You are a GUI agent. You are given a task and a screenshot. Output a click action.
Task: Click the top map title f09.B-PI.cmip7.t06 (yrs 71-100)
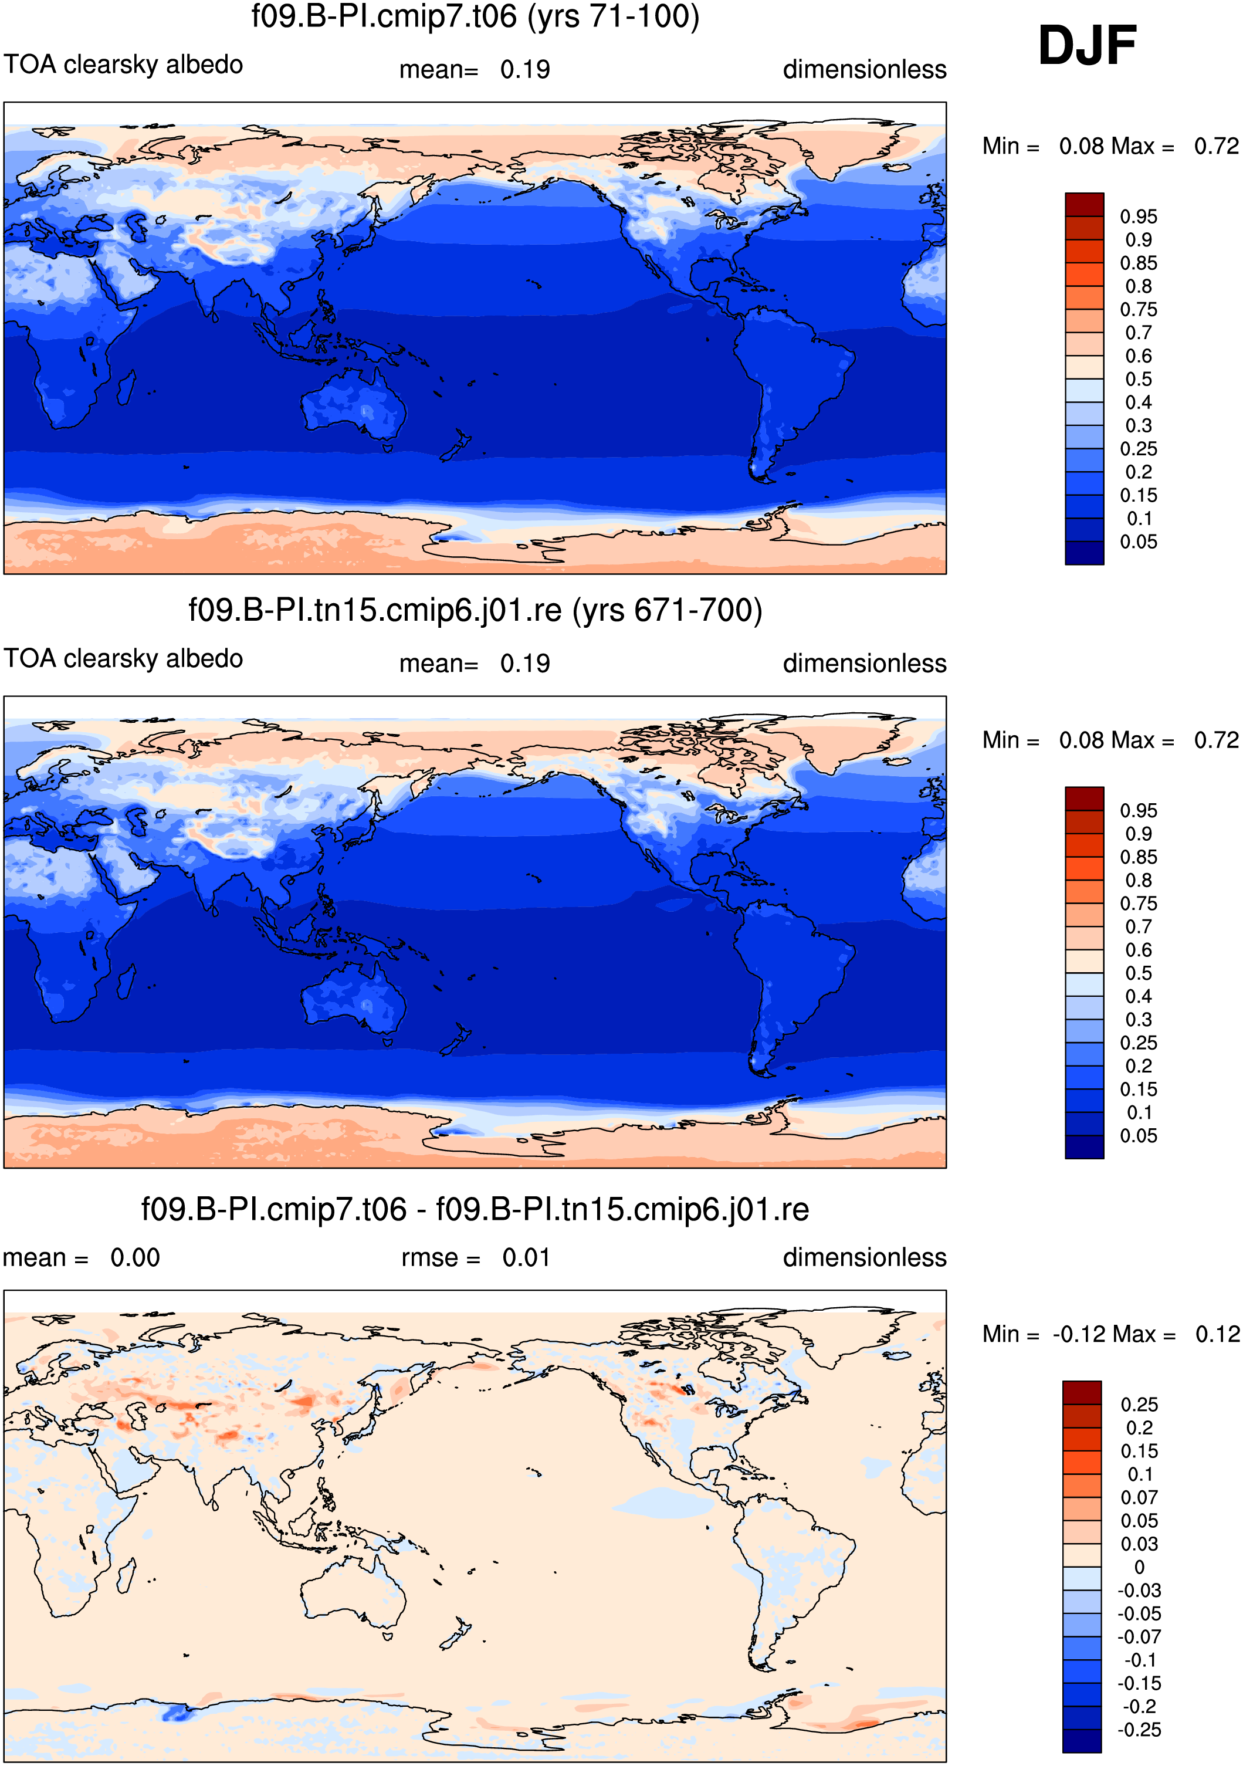coord(475,17)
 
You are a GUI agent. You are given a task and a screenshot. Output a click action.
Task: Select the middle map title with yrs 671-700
coord(475,610)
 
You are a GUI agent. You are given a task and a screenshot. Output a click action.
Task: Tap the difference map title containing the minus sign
coord(475,1209)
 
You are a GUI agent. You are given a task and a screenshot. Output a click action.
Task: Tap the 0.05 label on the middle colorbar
coord(1139,1136)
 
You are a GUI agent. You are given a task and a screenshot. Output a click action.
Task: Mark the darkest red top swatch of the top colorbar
coord(1085,205)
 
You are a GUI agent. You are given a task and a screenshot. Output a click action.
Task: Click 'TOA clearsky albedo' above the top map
coord(123,65)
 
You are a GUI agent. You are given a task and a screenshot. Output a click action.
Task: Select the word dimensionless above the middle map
coord(865,663)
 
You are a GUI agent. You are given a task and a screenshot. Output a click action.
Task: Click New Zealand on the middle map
coord(455,1039)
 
